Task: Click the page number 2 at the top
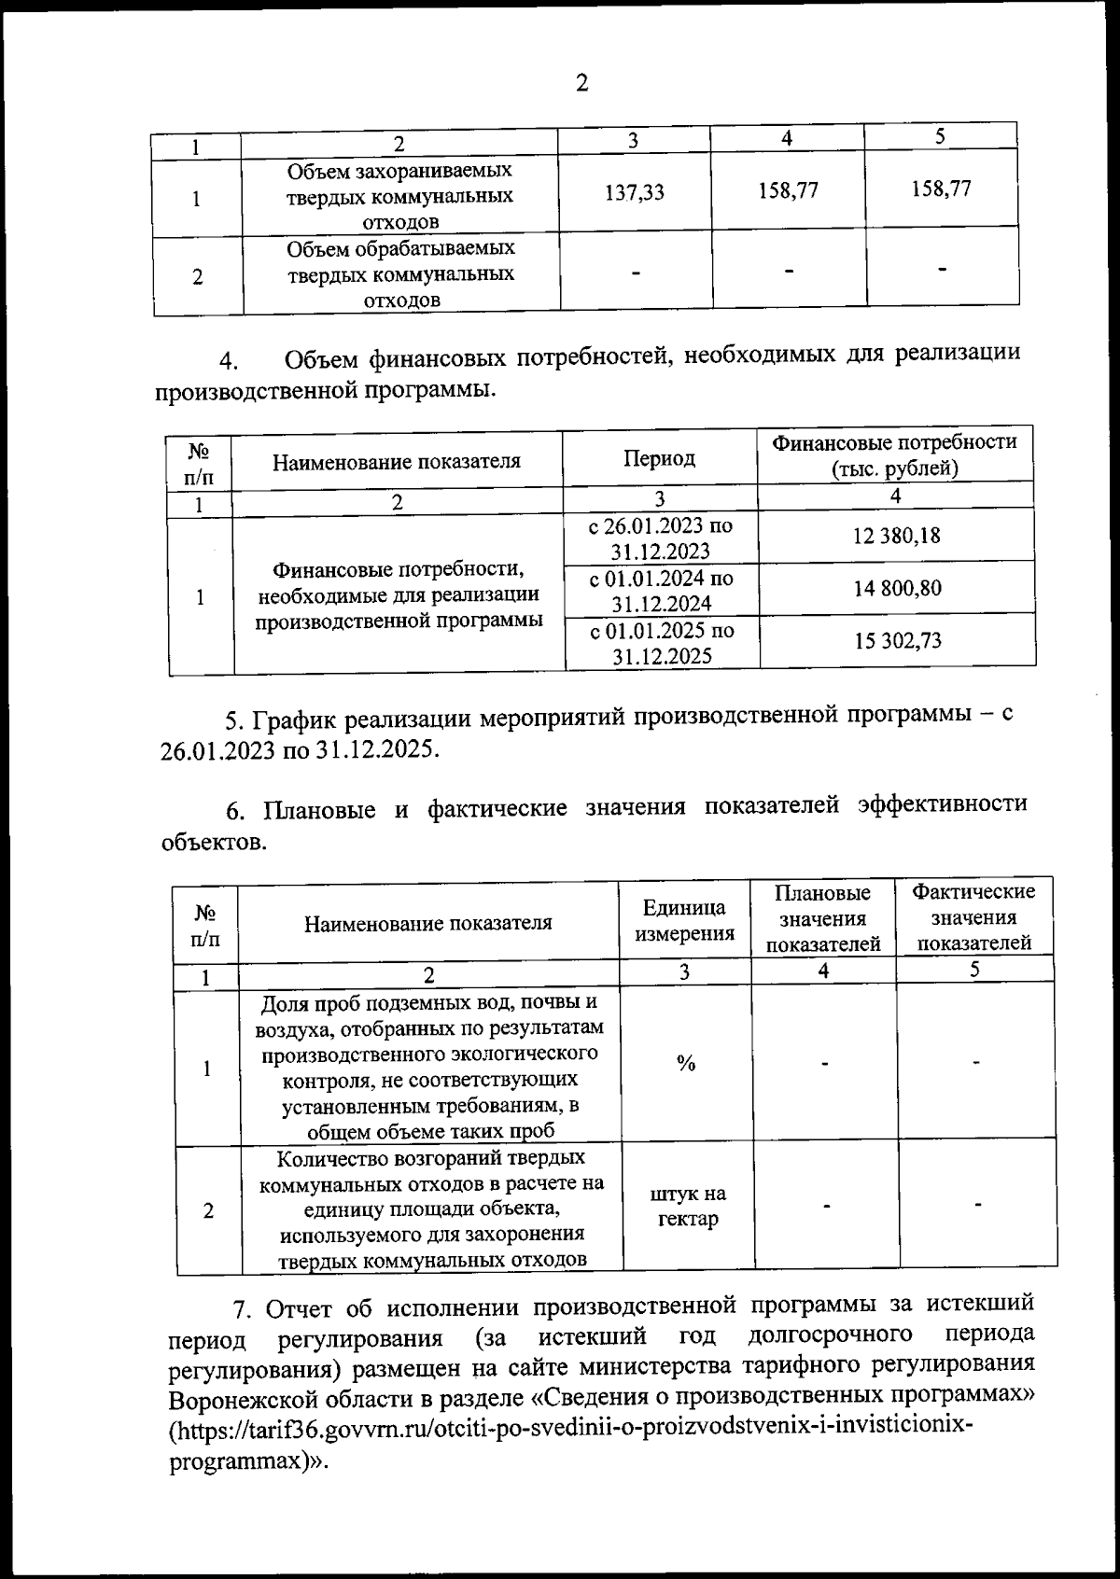581,83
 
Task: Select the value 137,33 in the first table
635,192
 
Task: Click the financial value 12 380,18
896,536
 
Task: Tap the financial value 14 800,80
896,588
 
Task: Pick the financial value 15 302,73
898,640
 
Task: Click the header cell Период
659,458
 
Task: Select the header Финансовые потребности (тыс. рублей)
895,454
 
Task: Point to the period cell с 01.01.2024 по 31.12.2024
661,590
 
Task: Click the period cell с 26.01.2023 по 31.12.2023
661,538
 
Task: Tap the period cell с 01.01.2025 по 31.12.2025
661,642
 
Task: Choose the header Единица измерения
685,920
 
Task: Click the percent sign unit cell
686,1063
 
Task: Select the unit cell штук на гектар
688,1206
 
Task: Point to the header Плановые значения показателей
823,918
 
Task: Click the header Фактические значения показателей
973,916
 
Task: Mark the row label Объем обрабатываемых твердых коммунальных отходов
400,274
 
